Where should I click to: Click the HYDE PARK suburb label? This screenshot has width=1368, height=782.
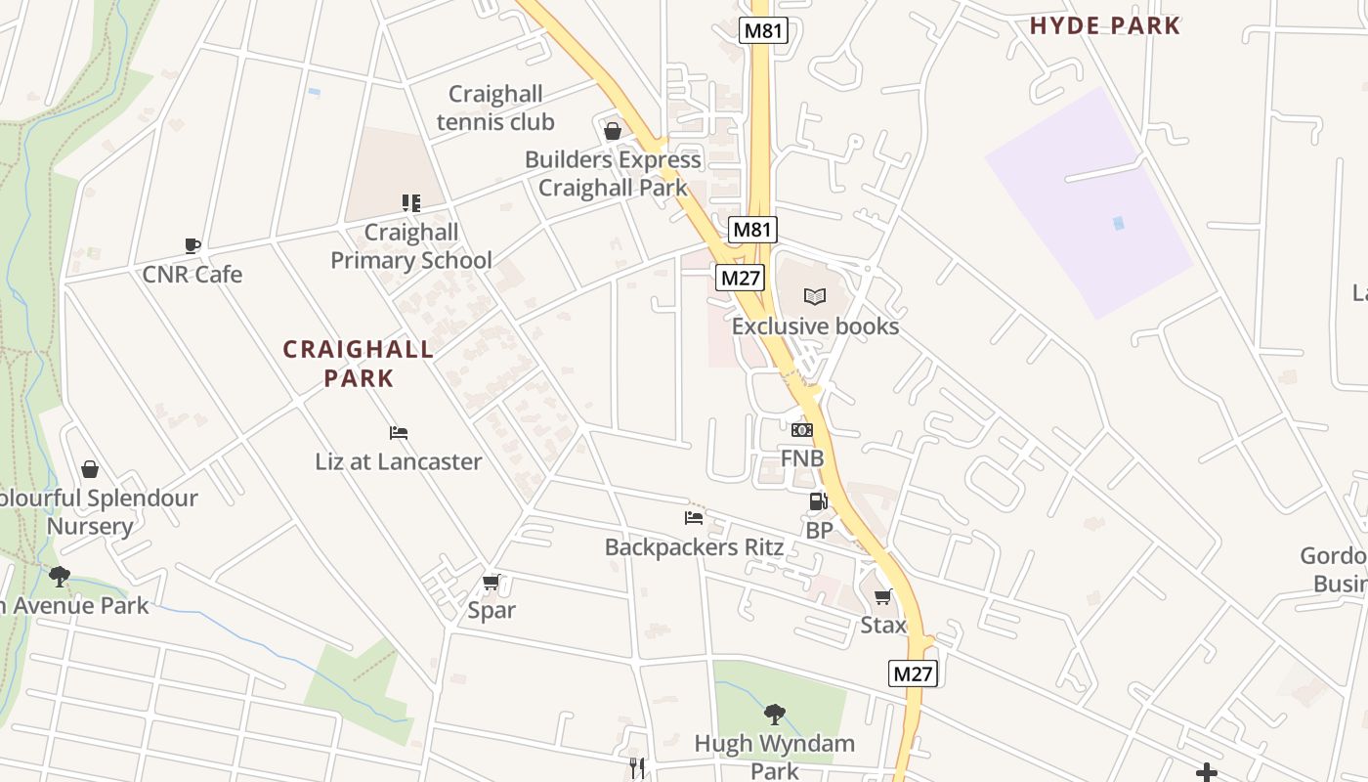click(1105, 26)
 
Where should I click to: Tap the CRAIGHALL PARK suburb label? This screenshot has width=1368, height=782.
click(359, 364)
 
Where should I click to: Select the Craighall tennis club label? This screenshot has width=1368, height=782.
click(495, 109)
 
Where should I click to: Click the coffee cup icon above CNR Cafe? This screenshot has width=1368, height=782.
click(192, 245)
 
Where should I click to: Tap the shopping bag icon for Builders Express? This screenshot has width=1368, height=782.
click(613, 131)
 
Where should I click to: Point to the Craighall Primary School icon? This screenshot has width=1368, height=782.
click(411, 203)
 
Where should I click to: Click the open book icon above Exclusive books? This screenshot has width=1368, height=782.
click(815, 296)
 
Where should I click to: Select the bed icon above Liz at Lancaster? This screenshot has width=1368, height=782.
click(399, 433)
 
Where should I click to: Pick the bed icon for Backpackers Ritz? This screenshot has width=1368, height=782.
click(694, 518)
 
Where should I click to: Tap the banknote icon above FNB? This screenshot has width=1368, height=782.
click(802, 430)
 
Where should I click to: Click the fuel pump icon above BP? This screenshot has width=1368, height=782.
click(818, 502)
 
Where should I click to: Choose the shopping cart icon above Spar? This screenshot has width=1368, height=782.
click(492, 583)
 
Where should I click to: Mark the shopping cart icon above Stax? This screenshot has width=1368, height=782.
click(883, 596)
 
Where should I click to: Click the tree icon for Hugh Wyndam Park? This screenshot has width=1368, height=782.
click(775, 715)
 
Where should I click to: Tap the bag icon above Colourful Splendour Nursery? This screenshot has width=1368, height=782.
click(90, 469)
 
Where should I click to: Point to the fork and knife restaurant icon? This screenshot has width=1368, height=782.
click(637, 768)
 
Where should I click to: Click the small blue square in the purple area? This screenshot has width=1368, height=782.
click(1119, 223)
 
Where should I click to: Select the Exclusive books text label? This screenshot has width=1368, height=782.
click(815, 326)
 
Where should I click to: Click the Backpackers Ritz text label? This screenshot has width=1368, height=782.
click(694, 547)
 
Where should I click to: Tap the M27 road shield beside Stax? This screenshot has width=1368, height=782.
click(914, 673)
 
